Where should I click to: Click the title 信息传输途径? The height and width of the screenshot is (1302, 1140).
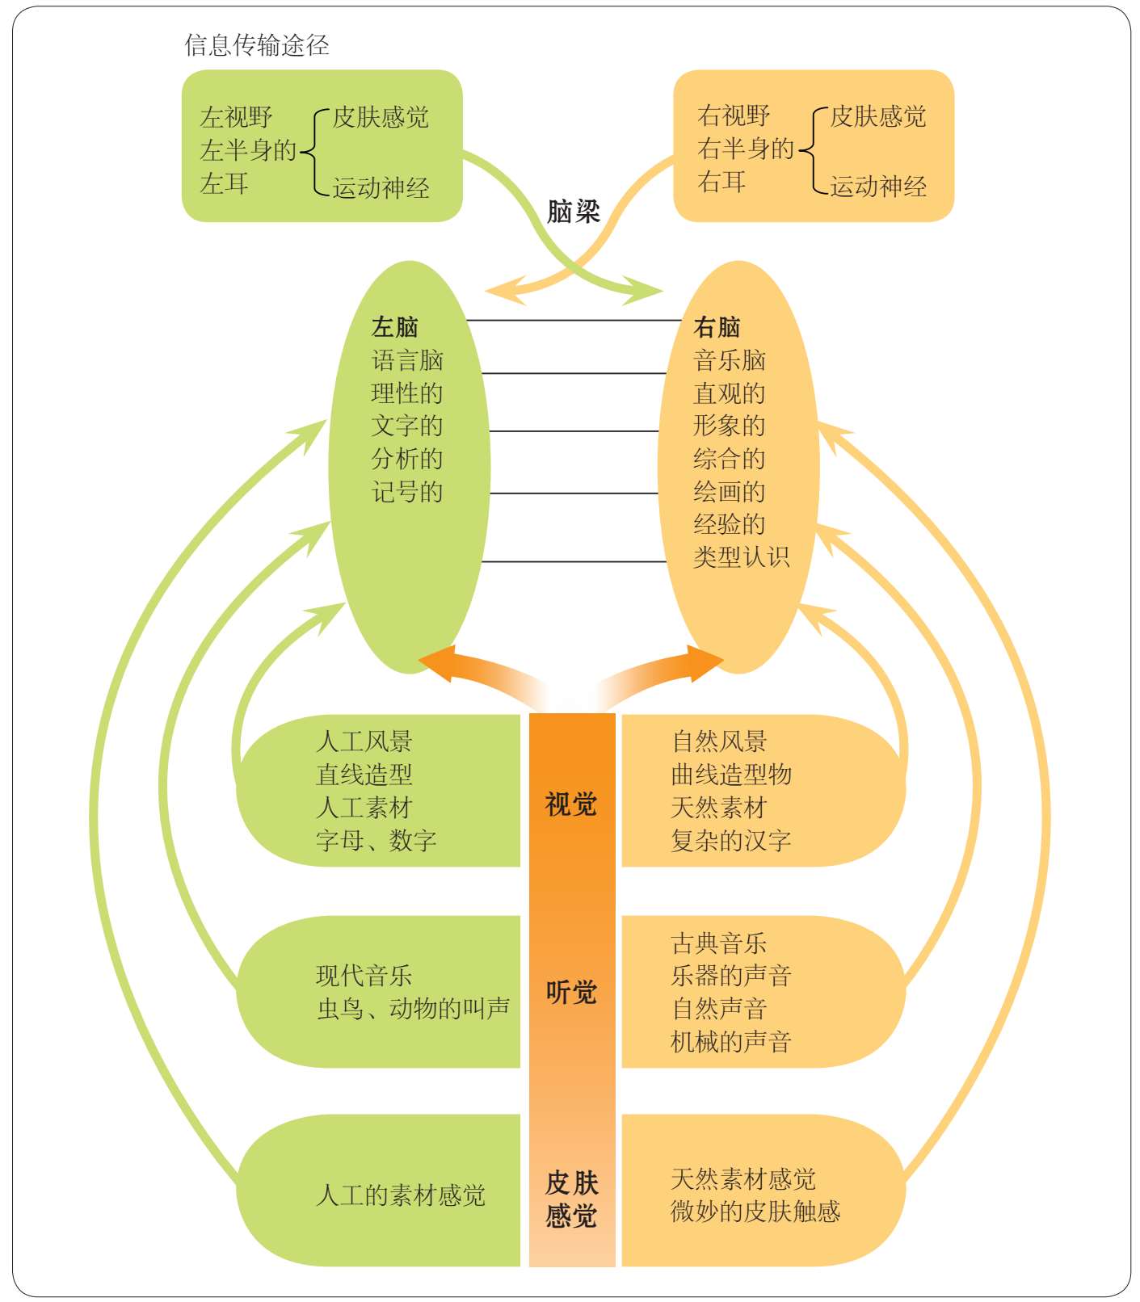click(x=256, y=45)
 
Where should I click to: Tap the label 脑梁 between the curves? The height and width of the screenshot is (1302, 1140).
click(x=573, y=212)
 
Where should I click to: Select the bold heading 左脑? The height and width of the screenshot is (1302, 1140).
click(x=394, y=327)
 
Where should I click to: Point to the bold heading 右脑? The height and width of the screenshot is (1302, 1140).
click(x=717, y=327)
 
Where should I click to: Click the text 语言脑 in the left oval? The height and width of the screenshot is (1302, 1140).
click(x=406, y=360)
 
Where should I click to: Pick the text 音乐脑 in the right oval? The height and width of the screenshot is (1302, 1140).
click(x=729, y=360)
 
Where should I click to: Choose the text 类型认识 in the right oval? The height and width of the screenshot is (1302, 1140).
click(x=741, y=557)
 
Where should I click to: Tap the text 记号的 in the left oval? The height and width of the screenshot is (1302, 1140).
click(x=406, y=492)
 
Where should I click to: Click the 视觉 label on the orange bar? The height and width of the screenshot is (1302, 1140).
click(x=571, y=804)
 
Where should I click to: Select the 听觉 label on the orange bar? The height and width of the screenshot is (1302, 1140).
click(x=571, y=992)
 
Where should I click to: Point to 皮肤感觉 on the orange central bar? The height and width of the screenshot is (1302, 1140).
click(x=571, y=1199)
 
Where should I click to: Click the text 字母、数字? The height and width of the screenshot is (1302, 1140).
click(x=376, y=841)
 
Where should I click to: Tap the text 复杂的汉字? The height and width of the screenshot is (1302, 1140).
click(x=730, y=841)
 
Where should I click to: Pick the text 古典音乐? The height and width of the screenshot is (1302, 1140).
click(x=718, y=943)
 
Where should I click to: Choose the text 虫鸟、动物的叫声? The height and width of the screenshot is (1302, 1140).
click(x=413, y=1009)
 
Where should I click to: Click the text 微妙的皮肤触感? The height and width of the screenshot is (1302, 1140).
click(x=755, y=1212)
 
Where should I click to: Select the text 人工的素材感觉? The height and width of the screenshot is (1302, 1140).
click(x=400, y=1195)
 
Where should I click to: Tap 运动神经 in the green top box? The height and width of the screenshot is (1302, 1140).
click(x=381, y=188)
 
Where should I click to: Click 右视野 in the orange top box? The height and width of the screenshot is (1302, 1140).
click(x=734, y=115)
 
